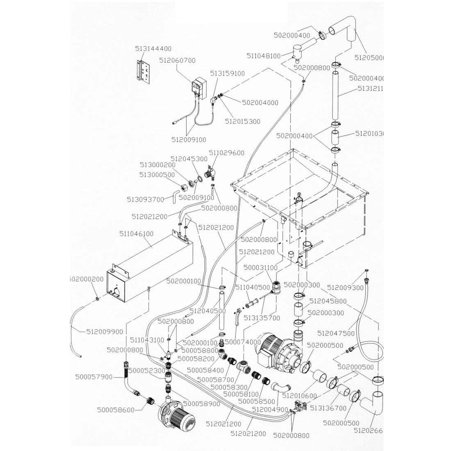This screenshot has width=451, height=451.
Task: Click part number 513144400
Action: (x=153, y=48)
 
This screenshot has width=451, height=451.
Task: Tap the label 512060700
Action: (x=177, y=61)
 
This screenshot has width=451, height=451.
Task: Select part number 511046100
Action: (x=137, y=234)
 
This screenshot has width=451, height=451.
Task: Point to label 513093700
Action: (x=146, y=200)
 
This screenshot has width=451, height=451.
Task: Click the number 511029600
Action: (x=226, y=153)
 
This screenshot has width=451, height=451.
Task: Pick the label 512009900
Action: (x=105, y=332)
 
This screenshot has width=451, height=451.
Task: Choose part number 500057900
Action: (x=94, y=376)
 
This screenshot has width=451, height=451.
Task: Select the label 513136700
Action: (x=328, y=408)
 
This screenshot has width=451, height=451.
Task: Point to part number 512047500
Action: (x=336, y=334)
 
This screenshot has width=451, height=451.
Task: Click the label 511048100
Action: (x=264, y=56)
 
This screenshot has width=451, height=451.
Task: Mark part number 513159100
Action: (x=228, y=74)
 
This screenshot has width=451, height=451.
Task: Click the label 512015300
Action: (x=243, y=122)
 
